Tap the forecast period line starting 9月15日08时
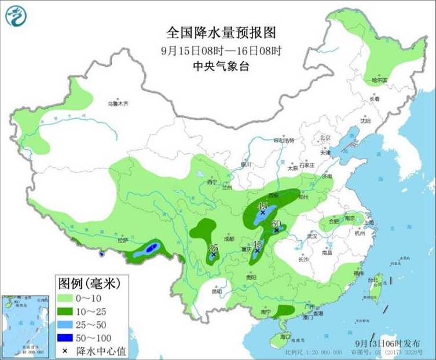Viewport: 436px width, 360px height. click(221, 51)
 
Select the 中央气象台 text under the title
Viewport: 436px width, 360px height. click(221, 67)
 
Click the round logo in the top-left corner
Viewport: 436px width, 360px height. click(16, 16)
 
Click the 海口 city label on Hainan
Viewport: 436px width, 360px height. click(284, 336)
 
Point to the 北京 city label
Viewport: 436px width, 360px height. click(324, 137)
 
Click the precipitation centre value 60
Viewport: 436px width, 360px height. click(276, 224)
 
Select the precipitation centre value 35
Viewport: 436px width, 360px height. click(212, 247)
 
